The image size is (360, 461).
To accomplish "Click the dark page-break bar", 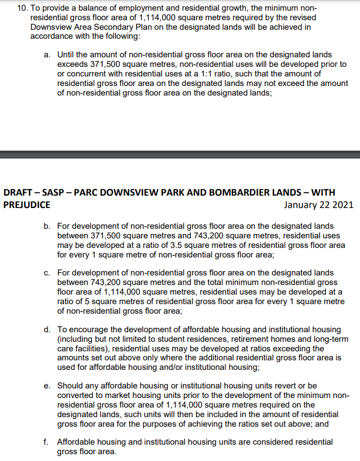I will (x=180, y=154).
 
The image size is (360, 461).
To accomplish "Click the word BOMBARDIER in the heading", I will (x=240, y=192).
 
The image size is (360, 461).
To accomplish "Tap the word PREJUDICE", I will (x=28, y=205).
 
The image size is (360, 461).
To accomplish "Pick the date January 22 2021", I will (x=318, y=205).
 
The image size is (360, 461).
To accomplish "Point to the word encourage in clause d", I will (x=91, y=329).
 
